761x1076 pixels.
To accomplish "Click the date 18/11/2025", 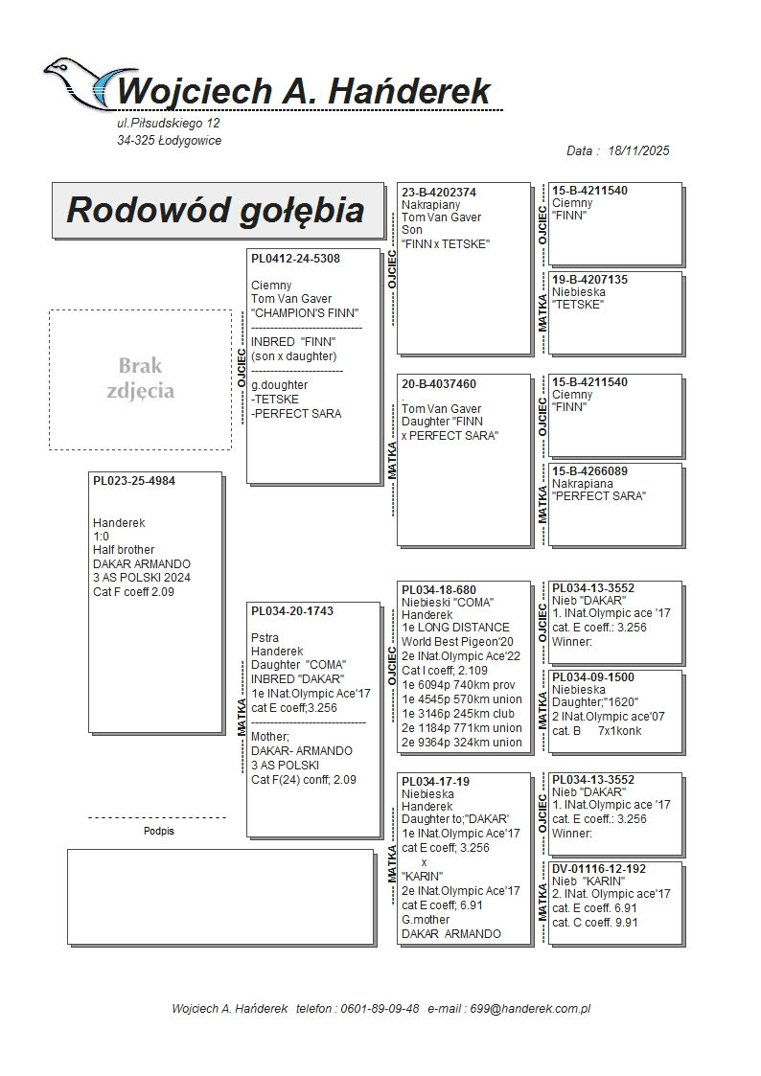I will (x=638, y=150).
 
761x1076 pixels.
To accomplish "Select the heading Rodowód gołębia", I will (x=215, y=211).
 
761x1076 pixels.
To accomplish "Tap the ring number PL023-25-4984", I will (x=134, y=480).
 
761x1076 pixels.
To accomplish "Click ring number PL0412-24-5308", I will (x=295, y=259).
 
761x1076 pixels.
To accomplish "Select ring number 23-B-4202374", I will (x=439, y=193).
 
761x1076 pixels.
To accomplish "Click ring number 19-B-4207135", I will (x=590, y=280).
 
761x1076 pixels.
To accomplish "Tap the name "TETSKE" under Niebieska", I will (x=578, y=305).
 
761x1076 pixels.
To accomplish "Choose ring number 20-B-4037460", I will (x=439, y=384).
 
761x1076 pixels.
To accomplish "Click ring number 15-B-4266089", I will (x=590, y=471).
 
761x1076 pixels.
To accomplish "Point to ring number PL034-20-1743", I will (x=292, y=610).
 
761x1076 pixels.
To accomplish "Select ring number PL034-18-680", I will (x=439, y=590).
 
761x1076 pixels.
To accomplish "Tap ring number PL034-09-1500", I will (x=593, y=677).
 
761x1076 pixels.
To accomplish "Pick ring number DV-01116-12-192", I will (x=599, y=869).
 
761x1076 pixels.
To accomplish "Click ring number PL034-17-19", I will (x=435, y=782).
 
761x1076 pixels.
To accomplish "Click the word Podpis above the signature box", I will (x=158, y=832).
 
